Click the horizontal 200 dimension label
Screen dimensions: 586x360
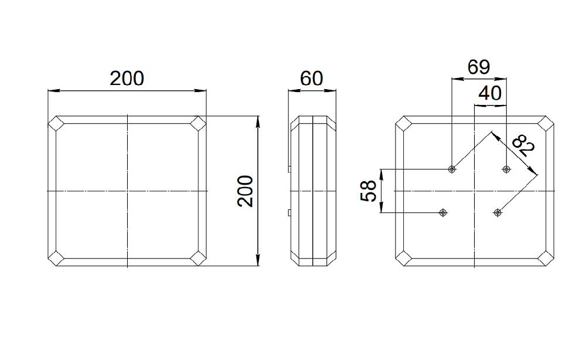tap(127, 79)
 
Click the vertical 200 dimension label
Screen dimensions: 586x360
tap(245, 191)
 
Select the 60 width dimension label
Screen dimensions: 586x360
tap(311, 79)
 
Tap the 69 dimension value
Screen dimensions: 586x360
tap(478, 67)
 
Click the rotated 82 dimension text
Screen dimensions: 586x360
tap(523, 145)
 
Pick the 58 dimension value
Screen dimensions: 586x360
tap(368, 191)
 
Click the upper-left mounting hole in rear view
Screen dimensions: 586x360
tap(452, 169)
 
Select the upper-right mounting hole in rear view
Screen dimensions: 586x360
tap(506, 169)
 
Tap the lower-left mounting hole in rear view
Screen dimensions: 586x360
tap(443, 213)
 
